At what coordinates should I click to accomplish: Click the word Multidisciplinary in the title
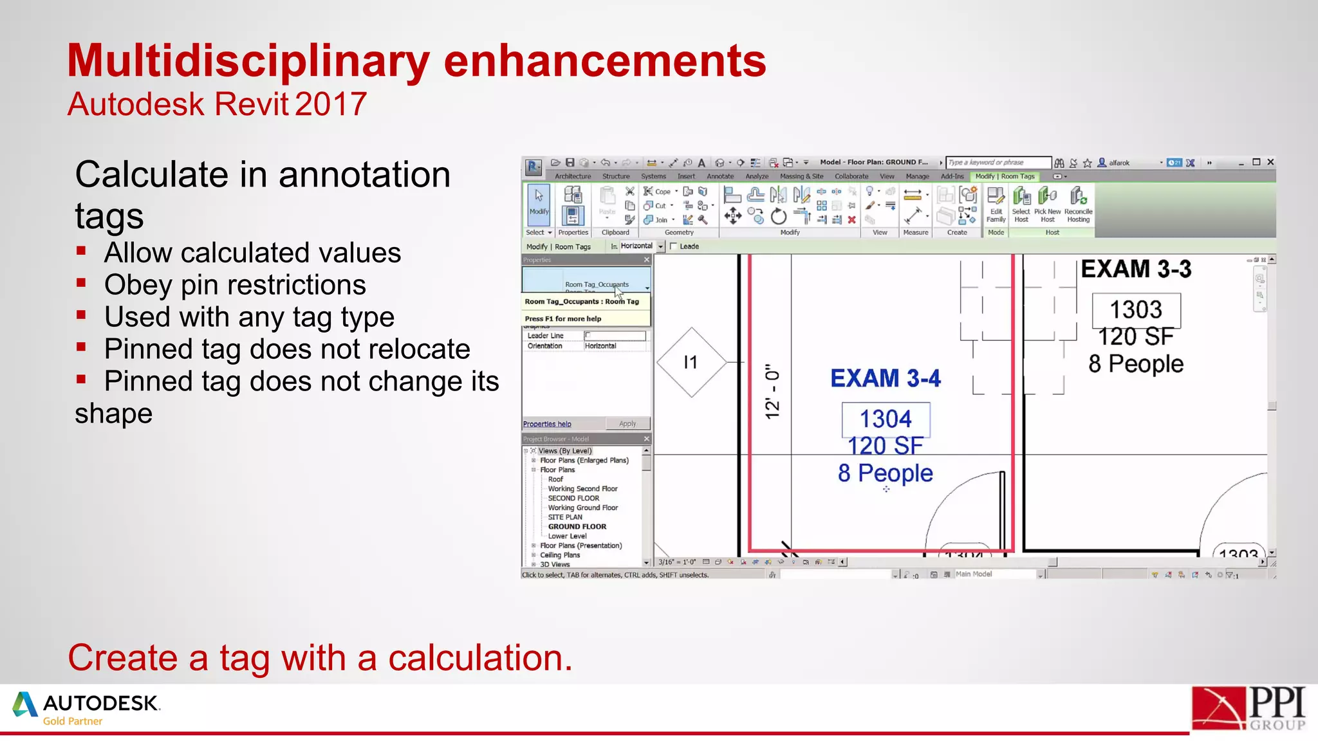tap(248, 61)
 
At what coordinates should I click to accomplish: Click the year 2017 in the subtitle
tap(331, 104)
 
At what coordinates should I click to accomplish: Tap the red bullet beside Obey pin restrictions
tap(81, 283)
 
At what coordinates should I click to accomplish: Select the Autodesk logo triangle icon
tap(24, 705)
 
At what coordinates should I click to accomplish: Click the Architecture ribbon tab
tap(572, 176)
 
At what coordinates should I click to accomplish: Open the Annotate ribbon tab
tap(719, 176)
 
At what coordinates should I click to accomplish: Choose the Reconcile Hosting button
tap(1078, 205)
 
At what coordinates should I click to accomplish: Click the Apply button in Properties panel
tap(627, 423)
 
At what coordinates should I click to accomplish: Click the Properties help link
tap(547, 424)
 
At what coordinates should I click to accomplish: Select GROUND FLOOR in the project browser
tap(577, 526)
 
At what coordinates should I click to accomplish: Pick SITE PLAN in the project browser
tap(565, 517)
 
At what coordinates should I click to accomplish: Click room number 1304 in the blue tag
tap(886, 419)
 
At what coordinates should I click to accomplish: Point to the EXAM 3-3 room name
tap(1136, 269)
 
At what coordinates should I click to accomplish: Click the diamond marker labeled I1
tap(691, 363)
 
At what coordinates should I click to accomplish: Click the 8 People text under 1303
tap(1136, 364)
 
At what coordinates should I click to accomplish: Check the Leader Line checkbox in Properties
tap(588, 335)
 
